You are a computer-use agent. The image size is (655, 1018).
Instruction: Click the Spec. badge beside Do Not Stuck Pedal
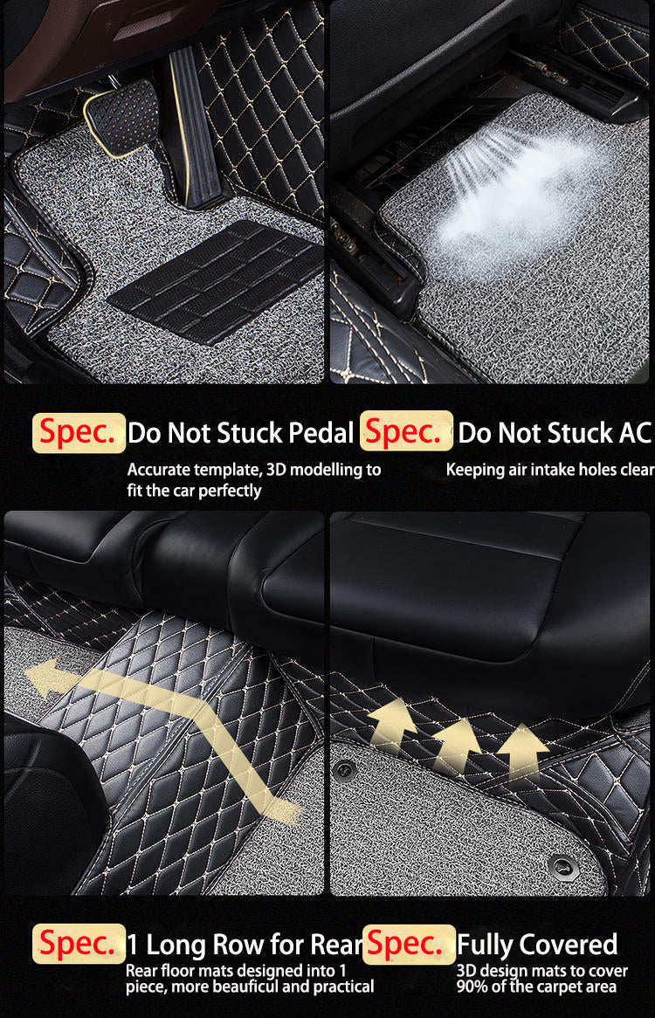pos(79,432)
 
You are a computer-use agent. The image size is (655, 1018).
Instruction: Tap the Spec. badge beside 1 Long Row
pos(79,944)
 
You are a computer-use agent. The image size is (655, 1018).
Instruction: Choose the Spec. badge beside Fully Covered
pos(408,944)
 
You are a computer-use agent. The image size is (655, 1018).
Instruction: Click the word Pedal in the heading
pos(320,432)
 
